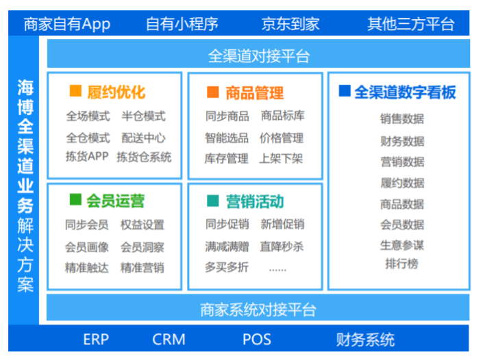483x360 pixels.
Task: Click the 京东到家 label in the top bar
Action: [x=290, y=24]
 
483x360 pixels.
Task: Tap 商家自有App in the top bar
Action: [x=67, y=25]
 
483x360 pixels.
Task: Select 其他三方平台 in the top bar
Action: [x=410, y=24]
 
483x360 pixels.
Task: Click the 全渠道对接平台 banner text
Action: [x=259, y=56]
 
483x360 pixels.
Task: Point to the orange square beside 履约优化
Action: [x=75, y=91]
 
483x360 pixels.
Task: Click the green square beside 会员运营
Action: [x=75, y=199]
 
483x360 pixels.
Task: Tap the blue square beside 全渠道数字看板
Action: [x=345, y=91]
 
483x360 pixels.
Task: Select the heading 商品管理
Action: [x=254, y=92]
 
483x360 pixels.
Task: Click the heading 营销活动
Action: [x=255, y=201]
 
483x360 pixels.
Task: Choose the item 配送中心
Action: [x=143, y=138]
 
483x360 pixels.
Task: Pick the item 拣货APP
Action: [x=87, y=157]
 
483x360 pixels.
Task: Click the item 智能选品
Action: [x=227, y=138]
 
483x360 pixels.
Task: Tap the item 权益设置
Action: [x=143, y=224]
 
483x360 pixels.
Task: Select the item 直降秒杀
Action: [x=282, y=246]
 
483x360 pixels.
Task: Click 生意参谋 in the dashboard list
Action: [x=402, y=245]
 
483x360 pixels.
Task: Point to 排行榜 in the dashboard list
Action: [x=401, y=263]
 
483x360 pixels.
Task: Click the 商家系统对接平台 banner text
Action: [x=258, y=309]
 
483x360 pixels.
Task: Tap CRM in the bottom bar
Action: [x=169, y=339]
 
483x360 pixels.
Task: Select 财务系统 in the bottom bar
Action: [x=365, y=339]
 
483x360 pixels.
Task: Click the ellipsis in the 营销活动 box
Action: [x=278, y=270]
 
